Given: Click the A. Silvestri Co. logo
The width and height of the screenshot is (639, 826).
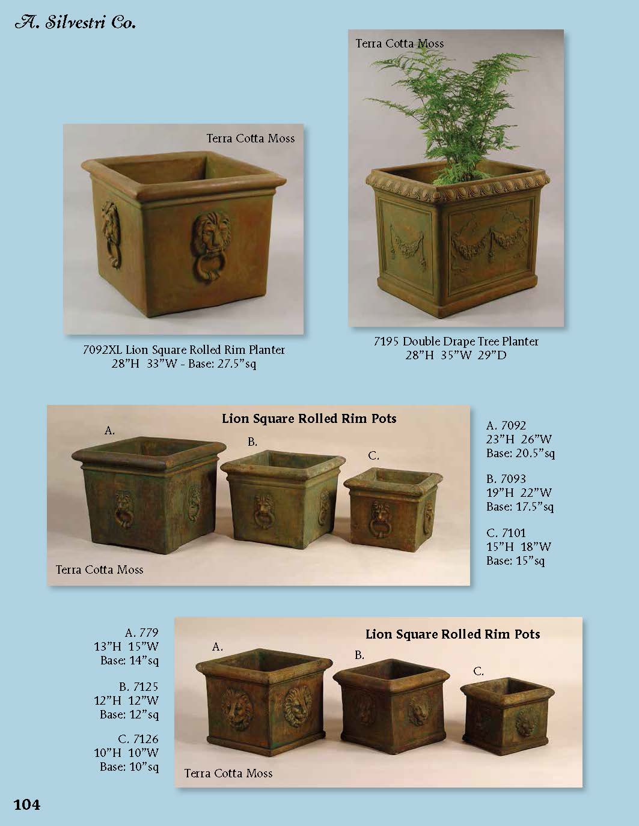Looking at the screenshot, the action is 75,22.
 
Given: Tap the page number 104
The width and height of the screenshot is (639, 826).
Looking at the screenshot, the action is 26,804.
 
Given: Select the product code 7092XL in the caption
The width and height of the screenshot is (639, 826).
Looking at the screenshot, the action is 102,350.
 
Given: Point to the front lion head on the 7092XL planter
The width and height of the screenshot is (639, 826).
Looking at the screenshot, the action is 210,246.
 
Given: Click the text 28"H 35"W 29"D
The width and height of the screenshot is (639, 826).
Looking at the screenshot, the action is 456,355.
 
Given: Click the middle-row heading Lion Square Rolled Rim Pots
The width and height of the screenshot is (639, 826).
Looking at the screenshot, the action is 309,419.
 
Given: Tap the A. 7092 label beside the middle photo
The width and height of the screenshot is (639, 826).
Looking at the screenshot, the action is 506,425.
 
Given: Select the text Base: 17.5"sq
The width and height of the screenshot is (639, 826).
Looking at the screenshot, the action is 520,506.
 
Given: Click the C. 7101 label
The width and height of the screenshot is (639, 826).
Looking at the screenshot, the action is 506,533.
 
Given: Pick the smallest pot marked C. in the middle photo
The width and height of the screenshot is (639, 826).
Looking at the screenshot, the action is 393,509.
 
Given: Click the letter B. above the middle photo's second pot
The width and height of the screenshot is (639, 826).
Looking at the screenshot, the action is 252,442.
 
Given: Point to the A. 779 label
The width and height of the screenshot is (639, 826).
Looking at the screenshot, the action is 141,633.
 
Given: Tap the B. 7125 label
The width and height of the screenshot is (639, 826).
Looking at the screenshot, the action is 138,687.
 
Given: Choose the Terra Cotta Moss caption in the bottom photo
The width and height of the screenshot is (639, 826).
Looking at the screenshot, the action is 228,773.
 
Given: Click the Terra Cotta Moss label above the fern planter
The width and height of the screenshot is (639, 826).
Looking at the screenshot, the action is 399,43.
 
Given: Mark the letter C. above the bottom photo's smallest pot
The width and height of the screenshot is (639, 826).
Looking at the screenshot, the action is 478,672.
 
